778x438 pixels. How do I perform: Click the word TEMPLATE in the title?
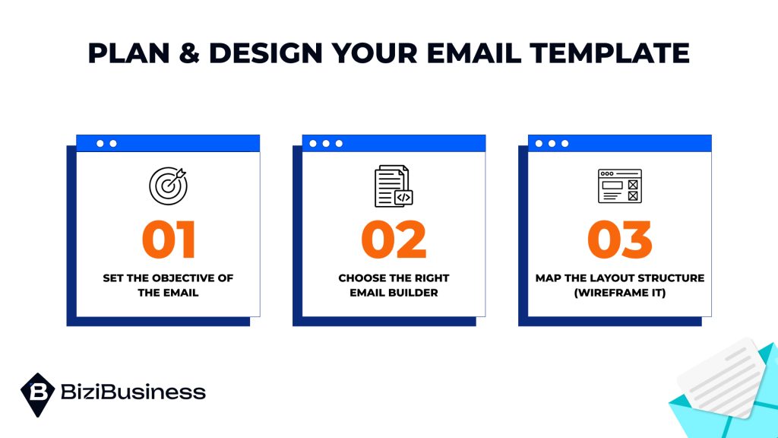(x=610, y=52)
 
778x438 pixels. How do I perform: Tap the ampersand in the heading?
(x=189, y=52)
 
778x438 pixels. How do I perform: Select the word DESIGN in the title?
(x=266, y=52)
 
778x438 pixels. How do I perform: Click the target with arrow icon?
(x=168, y=186)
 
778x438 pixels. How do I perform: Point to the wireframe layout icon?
(x=620, y=186)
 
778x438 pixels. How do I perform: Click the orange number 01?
(x=169, y=240)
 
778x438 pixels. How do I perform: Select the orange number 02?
(x=394, y=240)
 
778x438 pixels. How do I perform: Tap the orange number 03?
(x=620, y=240)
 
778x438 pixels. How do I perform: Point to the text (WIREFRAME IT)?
(x=620, y=293)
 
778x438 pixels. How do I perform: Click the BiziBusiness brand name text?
(x=133, y=392)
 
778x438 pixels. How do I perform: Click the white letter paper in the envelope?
(x=722, y=377)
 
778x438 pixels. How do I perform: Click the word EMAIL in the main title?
(x=473, y=52)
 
